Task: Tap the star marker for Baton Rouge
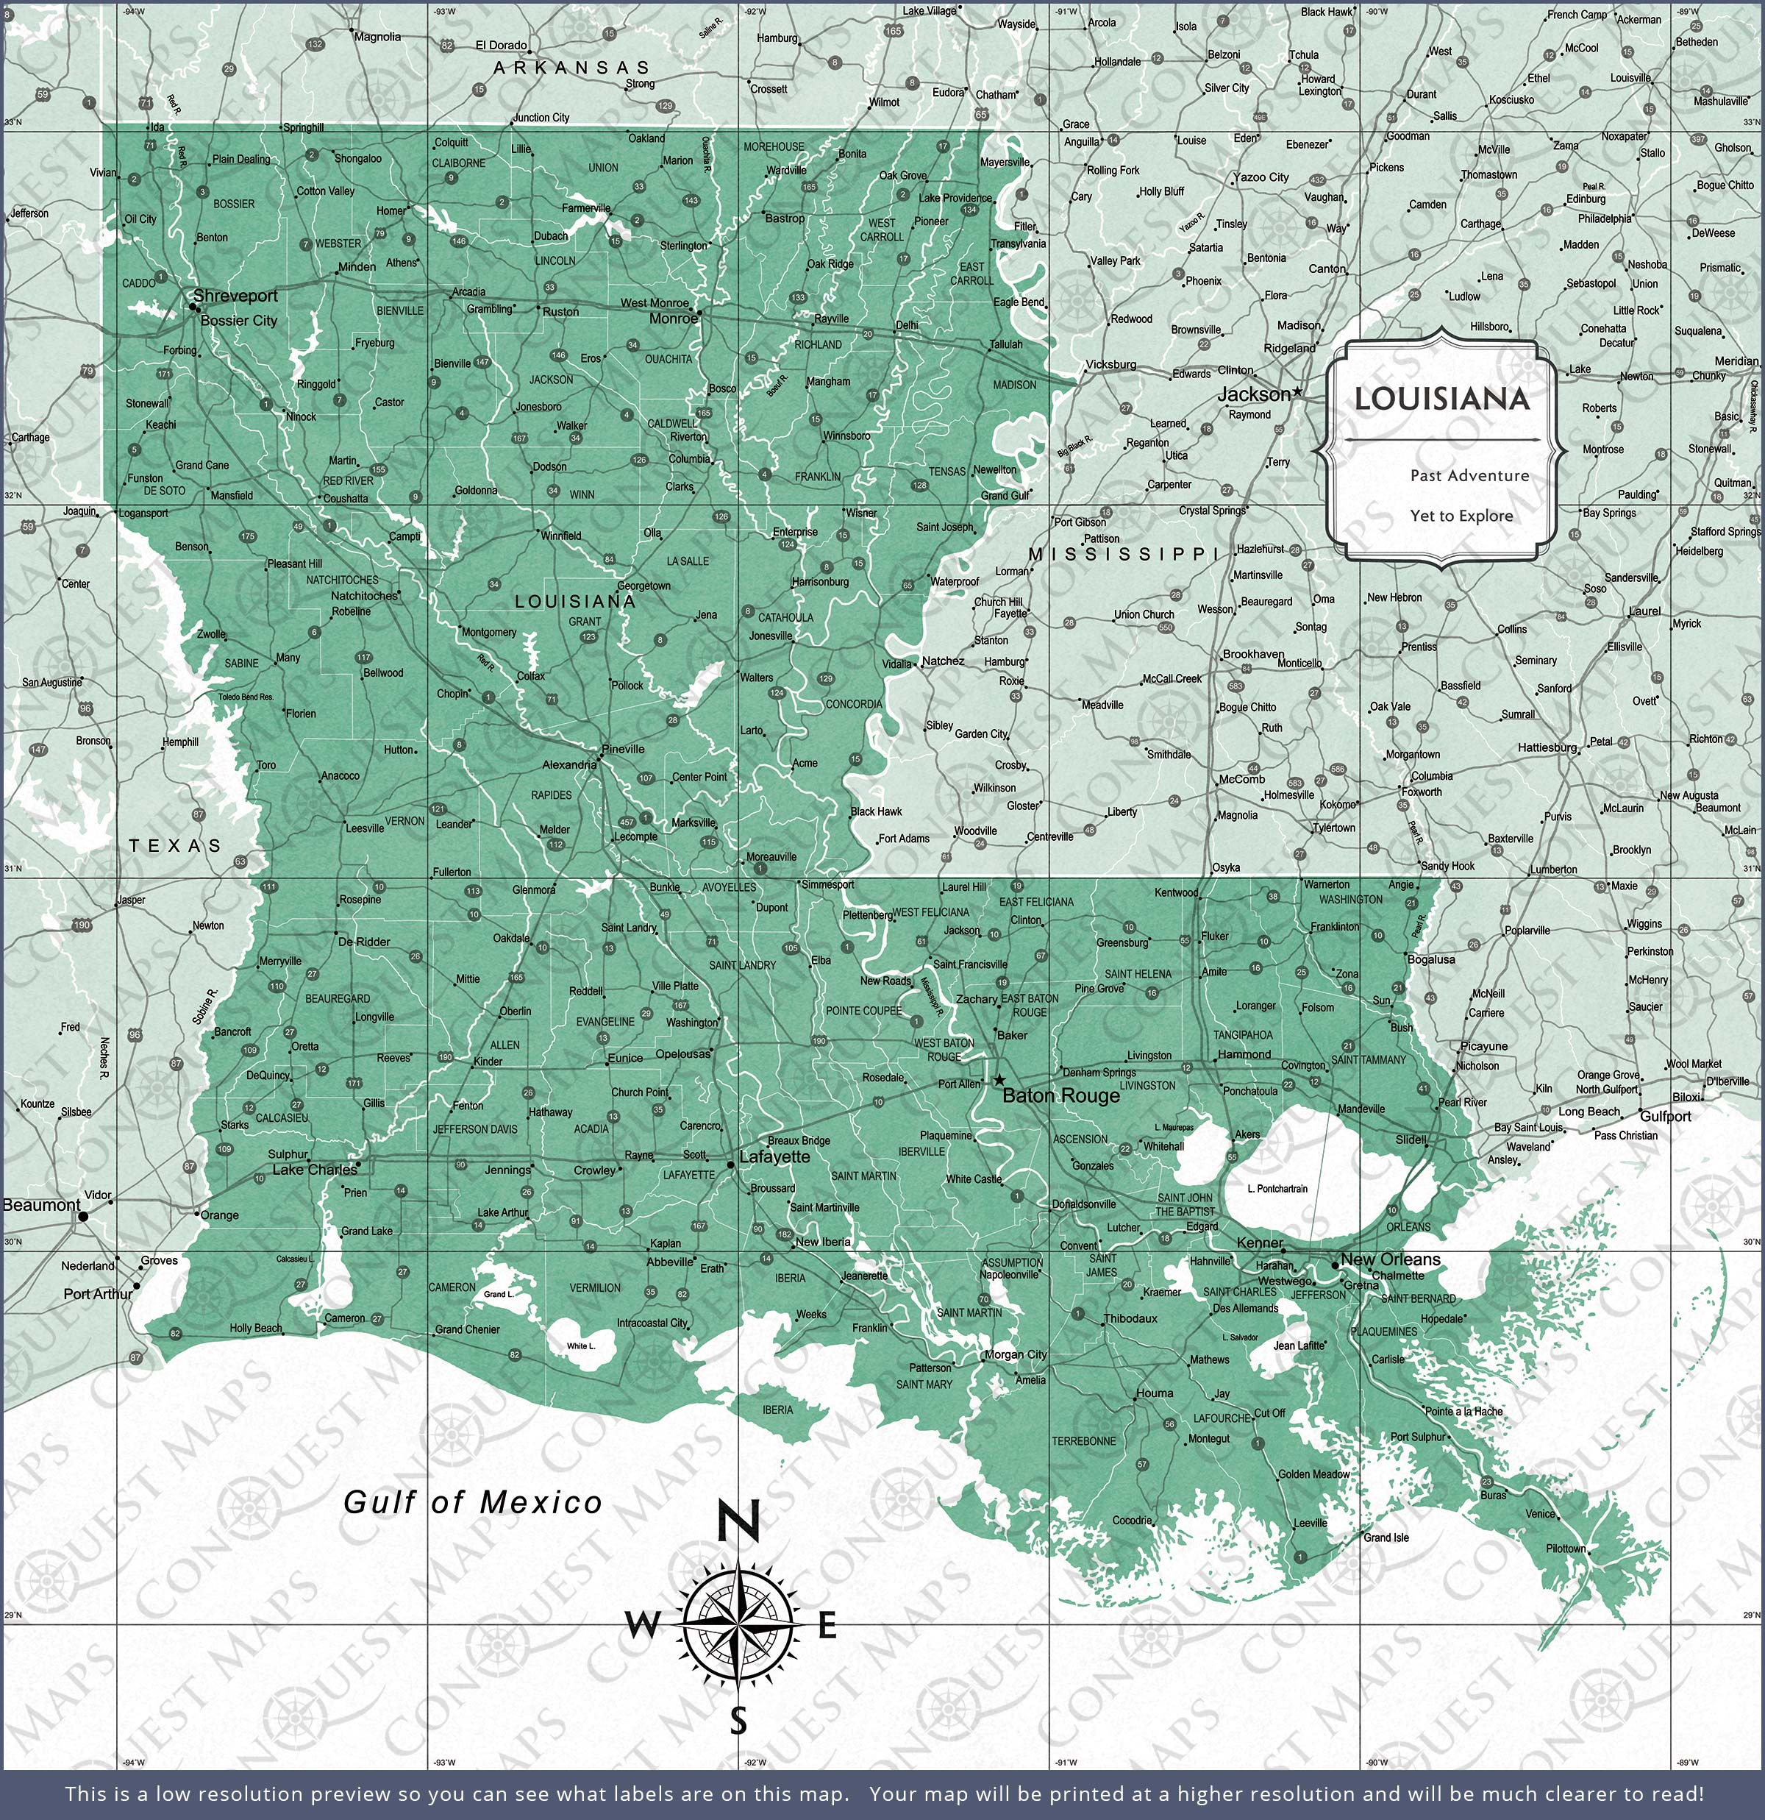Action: point(999,1080)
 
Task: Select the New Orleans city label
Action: point(1390,1260)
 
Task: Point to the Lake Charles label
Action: point(314,1170)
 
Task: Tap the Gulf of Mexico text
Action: point(473,1501)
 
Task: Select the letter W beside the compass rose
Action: point(643,1625)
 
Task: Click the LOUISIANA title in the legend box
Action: point(1441,399)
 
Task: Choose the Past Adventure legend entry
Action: point(1469,475)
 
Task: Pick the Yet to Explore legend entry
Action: point(1461,516)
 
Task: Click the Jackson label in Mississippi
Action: point(1252,394)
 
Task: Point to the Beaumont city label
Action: point(41,1205)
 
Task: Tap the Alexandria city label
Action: point(569,765)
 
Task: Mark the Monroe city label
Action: point(672,319)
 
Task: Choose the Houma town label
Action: point(1154,1393)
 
